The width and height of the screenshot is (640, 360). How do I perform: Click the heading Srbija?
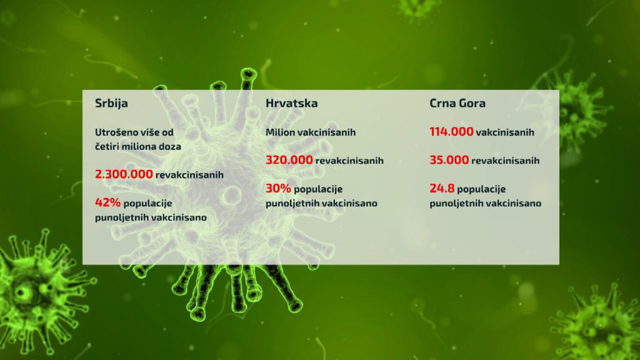click(x=111, y=103)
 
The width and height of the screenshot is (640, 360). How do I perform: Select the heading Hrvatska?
click(x=291, y=103)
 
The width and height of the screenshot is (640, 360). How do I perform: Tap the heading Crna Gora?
click(x=457, y=103)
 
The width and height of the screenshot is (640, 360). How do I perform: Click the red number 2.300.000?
click(x=124, y=175)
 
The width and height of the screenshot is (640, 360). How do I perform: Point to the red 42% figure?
click(x=107, y=202)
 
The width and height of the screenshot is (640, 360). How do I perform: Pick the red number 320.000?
click(x=289, y=160)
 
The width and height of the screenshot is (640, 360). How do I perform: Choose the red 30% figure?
click(x=278, y=189)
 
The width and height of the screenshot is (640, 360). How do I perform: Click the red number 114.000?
click(x=451, y=132)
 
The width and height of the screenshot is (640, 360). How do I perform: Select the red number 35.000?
click(x=449, y=160)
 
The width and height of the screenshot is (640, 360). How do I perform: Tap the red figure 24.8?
click(x=442, y=189)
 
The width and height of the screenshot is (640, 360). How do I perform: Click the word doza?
click(x=170, y=146)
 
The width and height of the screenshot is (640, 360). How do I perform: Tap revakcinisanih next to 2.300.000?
click(x=189, y=175)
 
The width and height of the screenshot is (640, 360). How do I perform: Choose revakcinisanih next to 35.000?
click(x=505, y=161)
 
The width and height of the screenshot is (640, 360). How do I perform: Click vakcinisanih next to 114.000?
click(x=505, y=132)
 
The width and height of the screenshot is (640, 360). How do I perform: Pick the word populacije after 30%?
click(x=318, y=189)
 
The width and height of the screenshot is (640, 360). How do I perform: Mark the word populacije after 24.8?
click(x=481, y=189)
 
